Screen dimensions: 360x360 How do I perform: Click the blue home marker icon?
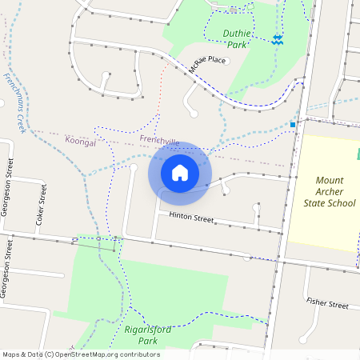[180, 172]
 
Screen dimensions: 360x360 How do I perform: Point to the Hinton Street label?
[191, 218]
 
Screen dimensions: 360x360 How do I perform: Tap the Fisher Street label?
[327, 304]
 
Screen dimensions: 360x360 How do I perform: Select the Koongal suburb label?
[80, 141]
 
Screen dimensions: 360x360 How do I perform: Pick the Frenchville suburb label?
[158, 141]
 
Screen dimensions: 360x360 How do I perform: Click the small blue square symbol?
[293, 125]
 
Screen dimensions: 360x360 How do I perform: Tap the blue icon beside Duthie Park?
[276, 39]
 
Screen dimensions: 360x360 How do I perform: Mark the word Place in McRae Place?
[217, 61]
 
